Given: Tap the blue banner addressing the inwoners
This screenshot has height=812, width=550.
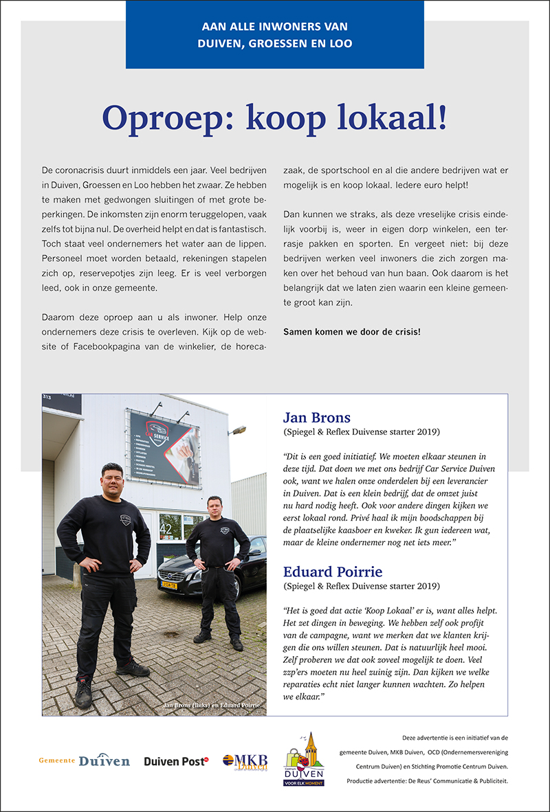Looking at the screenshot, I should tap(275, 35).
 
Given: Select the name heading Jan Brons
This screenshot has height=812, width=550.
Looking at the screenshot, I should tap(317, 418).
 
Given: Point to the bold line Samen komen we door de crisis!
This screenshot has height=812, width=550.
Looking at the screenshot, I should tap(352, 332).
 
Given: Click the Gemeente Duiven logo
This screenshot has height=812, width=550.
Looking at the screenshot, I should tap(84, 760).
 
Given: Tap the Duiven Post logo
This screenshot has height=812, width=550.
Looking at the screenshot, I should tap(176, 761).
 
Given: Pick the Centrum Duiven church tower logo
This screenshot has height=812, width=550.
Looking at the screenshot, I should tap(305, 758).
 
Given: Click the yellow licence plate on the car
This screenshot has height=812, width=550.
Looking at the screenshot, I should tap(168, 586).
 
